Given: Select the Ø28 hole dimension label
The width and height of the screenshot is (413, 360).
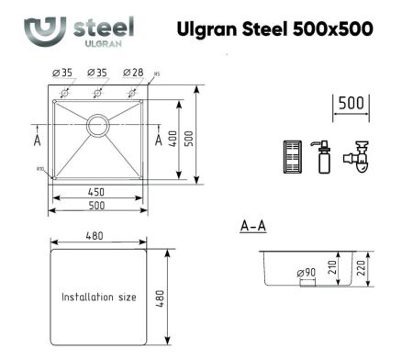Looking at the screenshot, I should pyautogui.click(x=132, y=72).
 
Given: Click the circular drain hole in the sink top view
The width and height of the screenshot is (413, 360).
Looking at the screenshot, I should pyautogui.click(x=97, y=123).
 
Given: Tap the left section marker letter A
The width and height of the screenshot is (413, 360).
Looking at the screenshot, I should pyautogui.click(x=37, y=141).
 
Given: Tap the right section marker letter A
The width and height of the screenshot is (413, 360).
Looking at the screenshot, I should pyautogui.click(x=158, y=140).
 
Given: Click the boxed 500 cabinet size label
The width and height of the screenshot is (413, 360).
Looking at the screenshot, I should pyautogui.click(x=349, y=102).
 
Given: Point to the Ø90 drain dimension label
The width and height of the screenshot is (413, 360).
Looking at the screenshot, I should pyautogui.click(x=306, y=273).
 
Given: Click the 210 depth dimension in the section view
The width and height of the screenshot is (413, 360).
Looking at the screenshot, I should pyautogui.click(x=344, y=267).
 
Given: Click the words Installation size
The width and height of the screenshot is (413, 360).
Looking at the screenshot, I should pyautogui.click(x=99, y=298).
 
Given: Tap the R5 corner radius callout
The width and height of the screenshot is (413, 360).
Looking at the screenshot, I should pyautogui.click(x=158, y=74).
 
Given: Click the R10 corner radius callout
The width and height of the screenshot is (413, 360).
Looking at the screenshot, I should pyautogui.click(x=40, y=169).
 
